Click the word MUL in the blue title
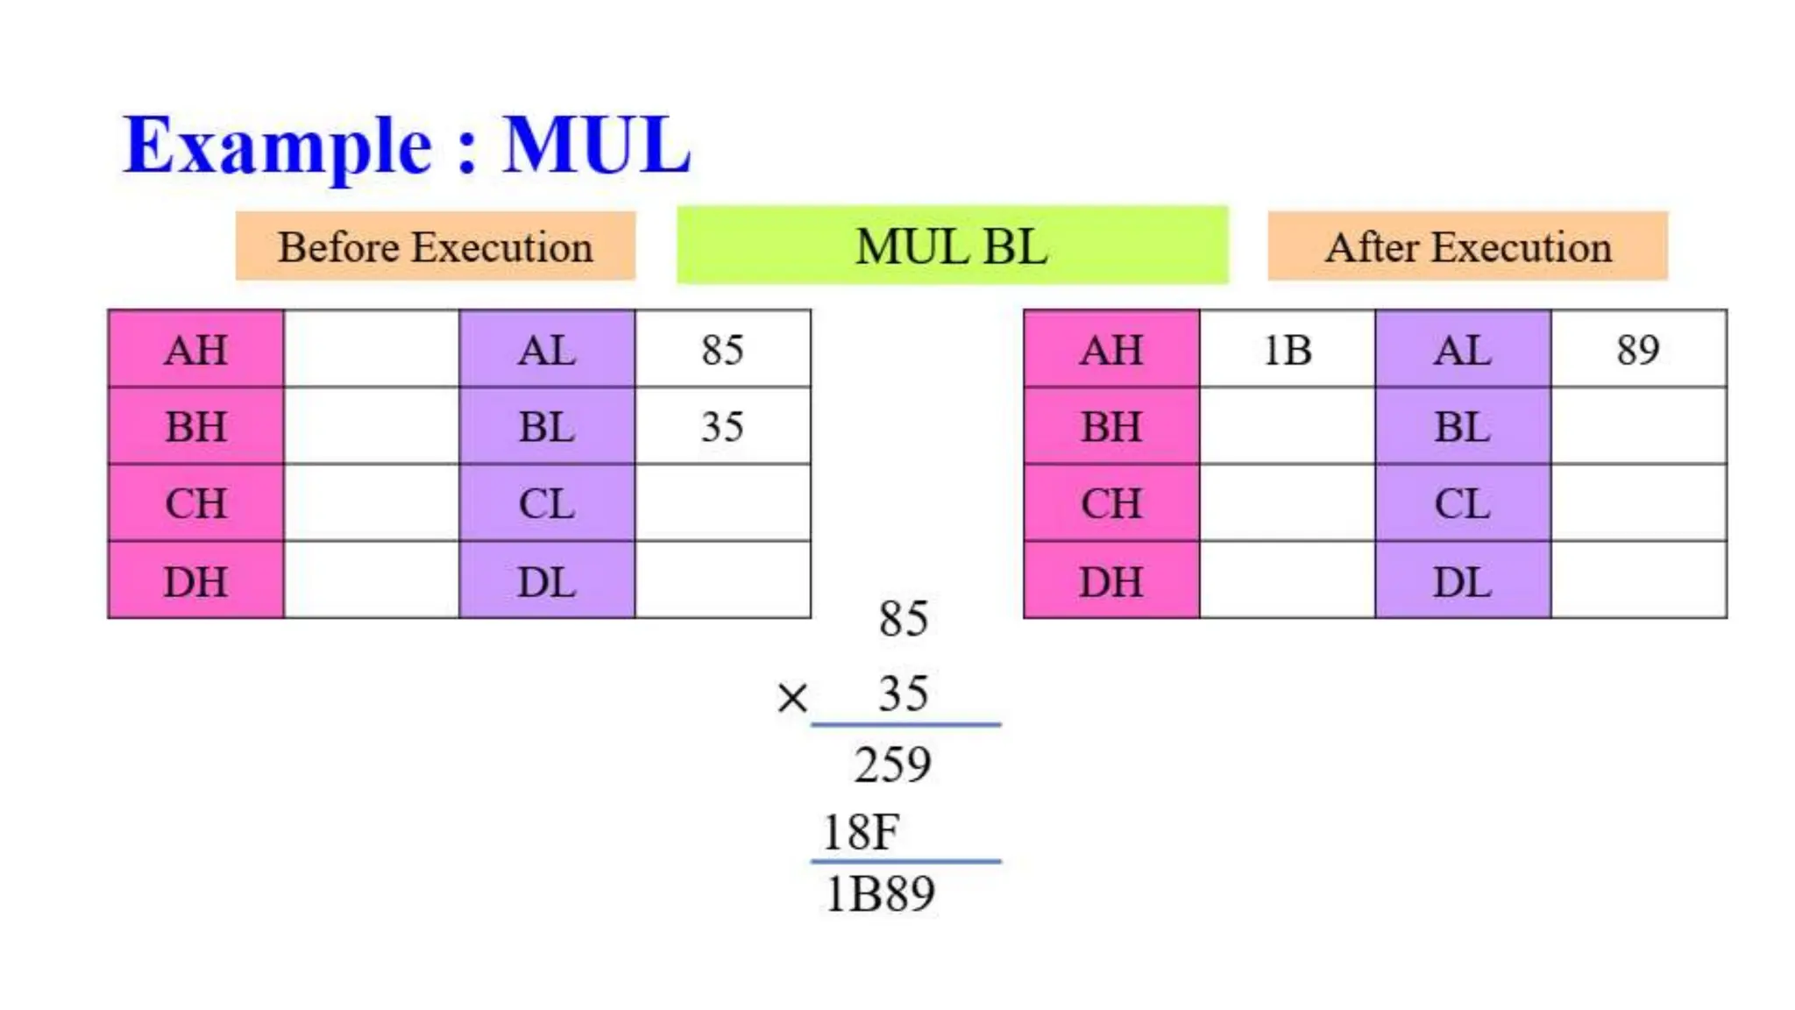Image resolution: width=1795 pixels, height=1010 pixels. (597, 145)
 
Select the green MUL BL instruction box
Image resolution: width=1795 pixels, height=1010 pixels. (952, 245)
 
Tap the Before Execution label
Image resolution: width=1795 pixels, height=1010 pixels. (436, 246)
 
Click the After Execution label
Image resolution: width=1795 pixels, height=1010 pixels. (1468, 246)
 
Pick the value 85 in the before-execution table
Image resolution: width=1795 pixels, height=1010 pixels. (722, 350)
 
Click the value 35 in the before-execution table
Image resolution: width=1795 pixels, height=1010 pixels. (722, 427)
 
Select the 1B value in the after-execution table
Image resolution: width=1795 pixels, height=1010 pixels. (1287, 350)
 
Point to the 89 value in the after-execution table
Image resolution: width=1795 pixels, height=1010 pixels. (1638, 350)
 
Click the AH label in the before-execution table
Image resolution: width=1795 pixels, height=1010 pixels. (196, 350)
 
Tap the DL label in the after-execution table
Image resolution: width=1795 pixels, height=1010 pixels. (1462, 581)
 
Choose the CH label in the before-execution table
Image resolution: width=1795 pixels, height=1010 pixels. (196, 504)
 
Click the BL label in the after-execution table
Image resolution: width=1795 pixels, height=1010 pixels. (1462, 427)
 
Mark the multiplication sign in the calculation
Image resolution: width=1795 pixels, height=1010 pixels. (792, 698)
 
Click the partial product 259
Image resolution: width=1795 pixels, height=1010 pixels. (893, 765)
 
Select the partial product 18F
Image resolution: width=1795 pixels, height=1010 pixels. (861, 831)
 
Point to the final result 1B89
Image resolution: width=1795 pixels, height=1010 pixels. (880, 894)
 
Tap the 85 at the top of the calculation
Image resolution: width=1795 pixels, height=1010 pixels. (904, 618)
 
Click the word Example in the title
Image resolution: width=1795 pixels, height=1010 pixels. (279, 146)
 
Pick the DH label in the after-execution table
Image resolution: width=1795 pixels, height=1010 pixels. (1111, 581)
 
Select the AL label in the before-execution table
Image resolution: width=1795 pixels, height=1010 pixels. (547, 350)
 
